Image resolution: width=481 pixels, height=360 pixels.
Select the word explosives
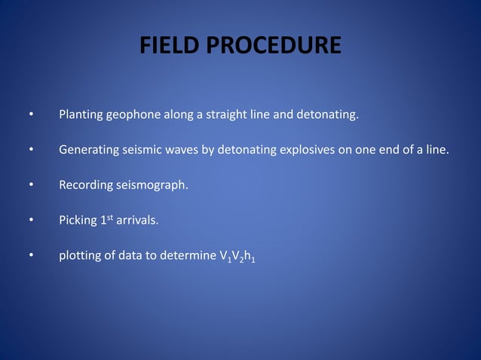tap(306, 150)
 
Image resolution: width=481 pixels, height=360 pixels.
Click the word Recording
tap(85, 185)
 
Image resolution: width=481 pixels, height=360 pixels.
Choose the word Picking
tap(78, 220)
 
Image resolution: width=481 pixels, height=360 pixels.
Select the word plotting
tap(80, 255)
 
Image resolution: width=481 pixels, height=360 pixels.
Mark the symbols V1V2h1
tap(240, 255)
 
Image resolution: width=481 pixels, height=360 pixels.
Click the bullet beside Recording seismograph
tap(31, 185)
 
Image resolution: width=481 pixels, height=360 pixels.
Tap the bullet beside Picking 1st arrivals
tap(31, 220)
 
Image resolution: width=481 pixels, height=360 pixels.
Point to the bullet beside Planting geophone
tap(31, 116)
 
